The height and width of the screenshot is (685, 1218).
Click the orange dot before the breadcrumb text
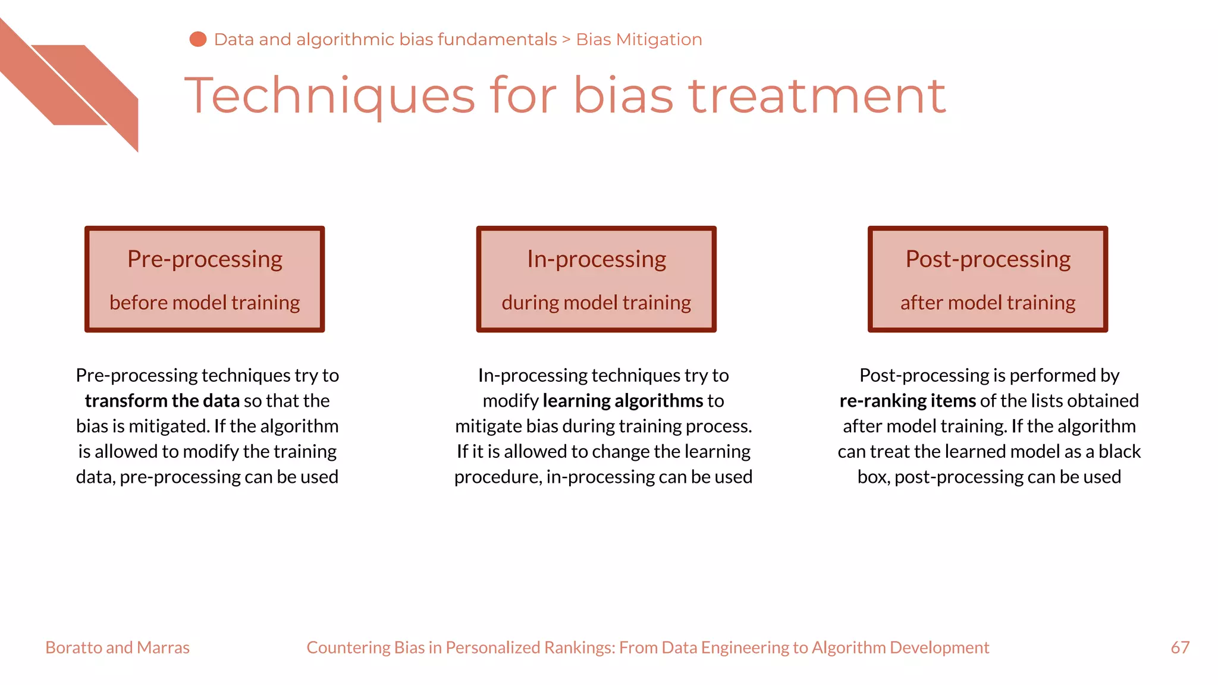click(x=197, y=39)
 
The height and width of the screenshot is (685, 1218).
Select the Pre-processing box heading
click(x=205, y=259)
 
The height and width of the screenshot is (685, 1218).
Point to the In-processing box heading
click(x=597, y=259)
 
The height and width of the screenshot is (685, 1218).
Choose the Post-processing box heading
click(x=988, y=259)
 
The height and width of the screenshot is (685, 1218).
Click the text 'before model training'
click(x=205, y=303)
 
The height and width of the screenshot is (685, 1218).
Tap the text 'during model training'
click(x=597, y=303)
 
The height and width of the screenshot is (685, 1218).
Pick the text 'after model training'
click(x=988, y=303)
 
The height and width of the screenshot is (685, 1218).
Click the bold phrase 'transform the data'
click(x=162, y=401)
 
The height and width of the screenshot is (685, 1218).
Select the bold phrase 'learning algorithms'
click(x=623, y=401)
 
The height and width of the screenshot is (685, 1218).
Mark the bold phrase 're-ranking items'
click(x=908, y=401)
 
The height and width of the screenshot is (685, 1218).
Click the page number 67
click(x=1180, y=648)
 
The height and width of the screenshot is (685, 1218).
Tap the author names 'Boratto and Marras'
click(x=117, y=648)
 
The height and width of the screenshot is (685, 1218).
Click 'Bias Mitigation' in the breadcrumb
click(x=639, y=39)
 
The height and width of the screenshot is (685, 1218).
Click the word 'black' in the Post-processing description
click(x=1119, y=451)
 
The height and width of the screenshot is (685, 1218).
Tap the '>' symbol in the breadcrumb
click(x=566, y=40)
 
